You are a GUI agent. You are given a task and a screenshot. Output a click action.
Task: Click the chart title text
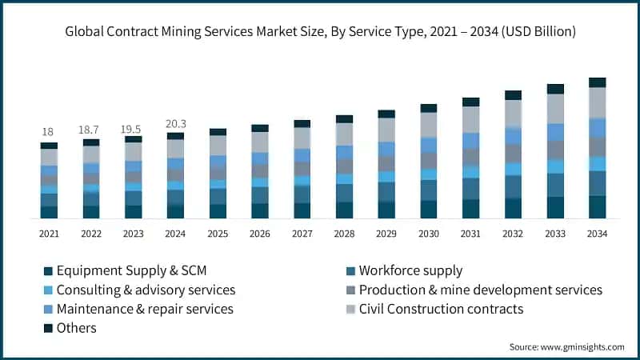point(320,32)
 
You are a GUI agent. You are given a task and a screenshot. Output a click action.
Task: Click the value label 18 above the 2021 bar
point(49,132)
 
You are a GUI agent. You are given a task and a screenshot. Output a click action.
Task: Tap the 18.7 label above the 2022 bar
point(91,129)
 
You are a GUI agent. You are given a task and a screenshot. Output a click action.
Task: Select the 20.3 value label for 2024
point(175,123)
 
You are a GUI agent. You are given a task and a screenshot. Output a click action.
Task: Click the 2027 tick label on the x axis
point(302,234)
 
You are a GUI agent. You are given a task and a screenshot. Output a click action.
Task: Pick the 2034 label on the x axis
point(597,234)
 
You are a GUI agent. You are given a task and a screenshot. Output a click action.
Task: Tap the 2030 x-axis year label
point(429,234)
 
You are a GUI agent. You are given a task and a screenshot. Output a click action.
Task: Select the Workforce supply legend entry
point(410,270)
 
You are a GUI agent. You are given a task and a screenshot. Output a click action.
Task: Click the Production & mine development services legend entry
point(480,290)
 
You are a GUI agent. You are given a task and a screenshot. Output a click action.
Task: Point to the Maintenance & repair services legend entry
point(145,309)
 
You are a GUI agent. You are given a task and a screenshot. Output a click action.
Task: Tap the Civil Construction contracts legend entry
point(441,309)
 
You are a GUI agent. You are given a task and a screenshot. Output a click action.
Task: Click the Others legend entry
point(76,328)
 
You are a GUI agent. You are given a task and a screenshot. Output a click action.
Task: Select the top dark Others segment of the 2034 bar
point(597,82)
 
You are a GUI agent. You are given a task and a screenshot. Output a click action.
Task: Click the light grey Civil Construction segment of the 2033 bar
point(555,109)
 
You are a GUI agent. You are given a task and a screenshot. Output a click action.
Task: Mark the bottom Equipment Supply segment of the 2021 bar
point(49,212)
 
